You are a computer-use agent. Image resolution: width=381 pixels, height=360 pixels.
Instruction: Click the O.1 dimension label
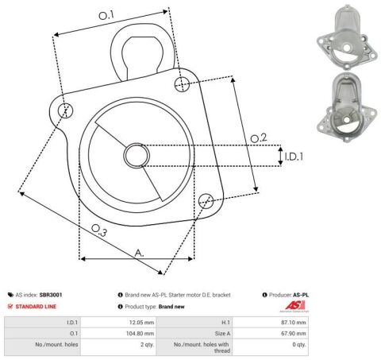pyautogui.click(x=106, y=15)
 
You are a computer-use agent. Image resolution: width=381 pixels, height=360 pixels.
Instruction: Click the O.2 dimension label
pyautogui.click(x=259, y=138)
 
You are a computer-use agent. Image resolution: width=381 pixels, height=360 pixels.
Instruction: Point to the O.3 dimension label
pyautogui.click(x=99, y=230)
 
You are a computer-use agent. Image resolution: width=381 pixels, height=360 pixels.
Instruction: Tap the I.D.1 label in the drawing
pyautogui.click(x=294, y=157)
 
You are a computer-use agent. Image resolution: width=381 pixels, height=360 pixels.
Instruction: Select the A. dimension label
pyautogui.click(x=139, y=253)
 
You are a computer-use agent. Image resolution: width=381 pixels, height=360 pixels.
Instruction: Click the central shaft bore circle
pyautogui.click(x=137, y=156)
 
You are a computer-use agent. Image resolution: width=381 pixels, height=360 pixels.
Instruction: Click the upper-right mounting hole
pyautogui.click(x=182, y=84)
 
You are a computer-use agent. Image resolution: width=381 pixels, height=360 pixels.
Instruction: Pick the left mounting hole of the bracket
pyautogui.click(x=65, y=110)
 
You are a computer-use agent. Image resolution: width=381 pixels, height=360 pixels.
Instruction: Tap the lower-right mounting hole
pyautogui.click(x=206, y=200)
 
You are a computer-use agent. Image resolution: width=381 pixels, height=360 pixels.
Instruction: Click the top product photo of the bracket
pyautogui.click(x=347, y=37)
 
